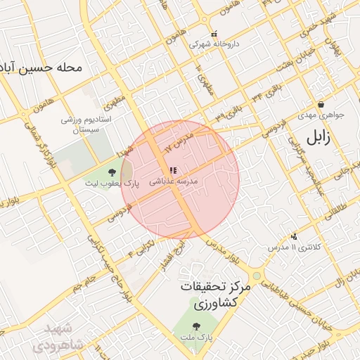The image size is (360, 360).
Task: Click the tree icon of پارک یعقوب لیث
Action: [111, 172]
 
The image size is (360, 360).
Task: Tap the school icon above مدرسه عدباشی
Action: [173, 170]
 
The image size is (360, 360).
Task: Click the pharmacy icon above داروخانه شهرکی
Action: [214, 33]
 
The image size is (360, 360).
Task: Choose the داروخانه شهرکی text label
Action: [214, 44]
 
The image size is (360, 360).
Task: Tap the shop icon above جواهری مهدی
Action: [321, 104]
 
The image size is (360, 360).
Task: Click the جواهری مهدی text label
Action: [320, 115]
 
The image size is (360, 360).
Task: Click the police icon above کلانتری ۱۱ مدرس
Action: [293, 237]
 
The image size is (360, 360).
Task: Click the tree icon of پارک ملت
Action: [195, 326]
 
